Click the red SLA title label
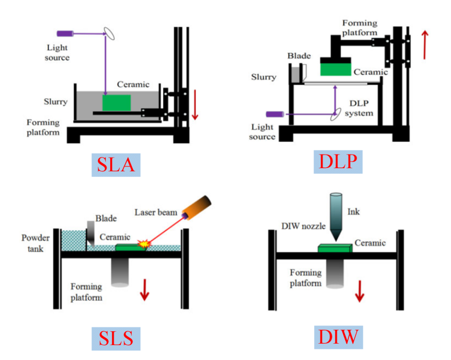116,165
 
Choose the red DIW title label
338,336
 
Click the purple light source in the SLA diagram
66,33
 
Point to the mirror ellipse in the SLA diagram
110,33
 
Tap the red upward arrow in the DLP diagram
425,44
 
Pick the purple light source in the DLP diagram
276,113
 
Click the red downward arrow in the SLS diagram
144,289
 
